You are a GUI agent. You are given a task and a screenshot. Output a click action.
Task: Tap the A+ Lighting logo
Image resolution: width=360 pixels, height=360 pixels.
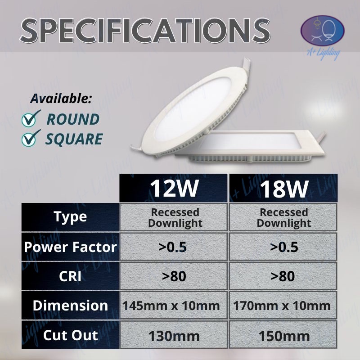(x=322, y=36)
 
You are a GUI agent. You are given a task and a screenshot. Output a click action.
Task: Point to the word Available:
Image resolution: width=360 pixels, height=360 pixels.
(x=61, y=99)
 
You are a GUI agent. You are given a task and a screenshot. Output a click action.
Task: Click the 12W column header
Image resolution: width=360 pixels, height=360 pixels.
(x=174, y=188)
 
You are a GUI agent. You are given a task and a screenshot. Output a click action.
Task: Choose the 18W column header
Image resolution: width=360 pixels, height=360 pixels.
(x=284, y=188)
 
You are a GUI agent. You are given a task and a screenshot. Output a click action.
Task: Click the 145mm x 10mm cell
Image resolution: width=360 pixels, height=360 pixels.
(x=174, y=306)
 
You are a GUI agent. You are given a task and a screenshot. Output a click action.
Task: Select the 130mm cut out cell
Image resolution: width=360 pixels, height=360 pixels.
(x=174, y=336)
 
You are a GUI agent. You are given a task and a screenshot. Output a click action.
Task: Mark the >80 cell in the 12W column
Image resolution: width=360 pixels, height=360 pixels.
(x=174, y=276)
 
